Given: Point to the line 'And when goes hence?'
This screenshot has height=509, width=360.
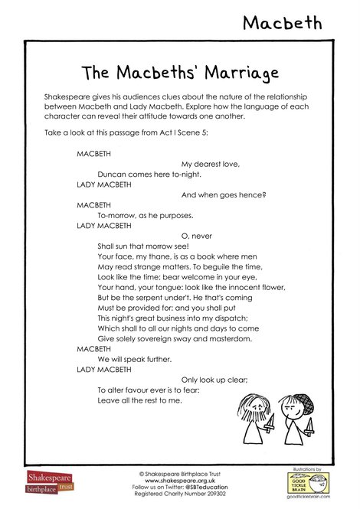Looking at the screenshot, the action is coord(223,194).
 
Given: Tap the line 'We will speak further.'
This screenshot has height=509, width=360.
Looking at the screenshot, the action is coord(129,358).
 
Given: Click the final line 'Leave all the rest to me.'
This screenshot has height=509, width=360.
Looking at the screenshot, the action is coord(139,400).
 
